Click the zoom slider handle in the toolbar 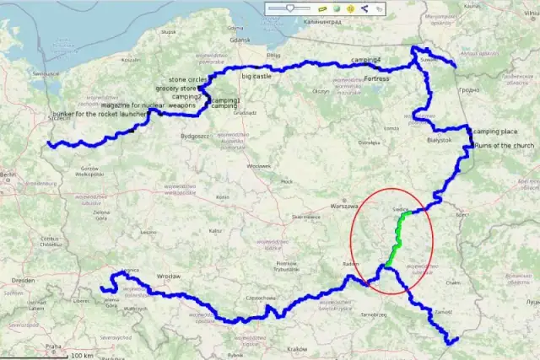click(x=290, y=8)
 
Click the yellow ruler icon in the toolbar click(x=322, y=8)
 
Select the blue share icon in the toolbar click(x=364, y=8)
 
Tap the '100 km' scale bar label click(x=82, y=355)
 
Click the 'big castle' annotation click(x=256, y=76)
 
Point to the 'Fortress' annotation click(x=377, y=78)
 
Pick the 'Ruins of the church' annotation click(x=504, y=146)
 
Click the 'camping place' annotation click(x=495, y=132)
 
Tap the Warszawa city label click(x=345, y=205)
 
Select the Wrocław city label click(x=168, y=276)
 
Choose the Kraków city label click(x=297, y=348)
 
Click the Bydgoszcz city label click(x=194, y=136)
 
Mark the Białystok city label click(x=440, y=140)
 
